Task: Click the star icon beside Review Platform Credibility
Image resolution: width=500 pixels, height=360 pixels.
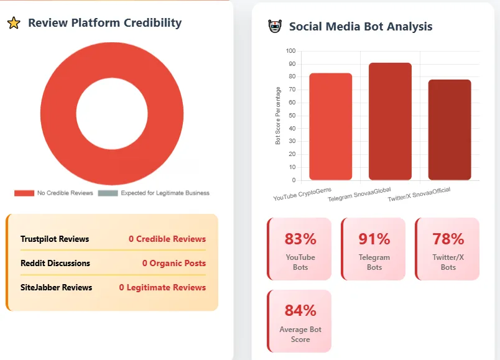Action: tap(13, 24)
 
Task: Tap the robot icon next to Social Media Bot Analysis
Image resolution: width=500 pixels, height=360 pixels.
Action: tap(274, 27)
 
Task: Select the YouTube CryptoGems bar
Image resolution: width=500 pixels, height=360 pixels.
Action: tap(330, 127)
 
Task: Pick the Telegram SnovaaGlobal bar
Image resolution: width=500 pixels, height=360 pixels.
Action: tap(390, 122)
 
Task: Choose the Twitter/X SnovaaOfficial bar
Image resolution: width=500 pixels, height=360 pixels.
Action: tap(449, 130)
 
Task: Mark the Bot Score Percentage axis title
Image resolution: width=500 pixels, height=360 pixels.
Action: tap(278, 116)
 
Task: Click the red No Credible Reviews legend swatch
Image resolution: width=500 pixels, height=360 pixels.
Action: tap(24, 193)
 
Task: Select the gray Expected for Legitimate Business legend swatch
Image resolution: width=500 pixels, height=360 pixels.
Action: tap(107, 193)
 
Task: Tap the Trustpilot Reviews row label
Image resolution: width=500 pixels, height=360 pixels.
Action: tap(55, 239)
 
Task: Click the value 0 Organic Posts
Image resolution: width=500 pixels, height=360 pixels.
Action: tap(174, 263)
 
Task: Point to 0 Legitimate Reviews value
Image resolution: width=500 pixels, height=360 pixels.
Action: tap(162, 287)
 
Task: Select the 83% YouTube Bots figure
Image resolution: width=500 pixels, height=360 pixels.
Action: tap(300, 239)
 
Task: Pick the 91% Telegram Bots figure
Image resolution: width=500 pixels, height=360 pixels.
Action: tap(374, 239)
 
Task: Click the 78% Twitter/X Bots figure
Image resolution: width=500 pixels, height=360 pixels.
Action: tap(448, 239)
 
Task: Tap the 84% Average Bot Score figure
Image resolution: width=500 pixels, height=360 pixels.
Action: tap(300, 310)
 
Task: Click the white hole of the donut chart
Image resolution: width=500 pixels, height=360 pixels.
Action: tap(112, 113)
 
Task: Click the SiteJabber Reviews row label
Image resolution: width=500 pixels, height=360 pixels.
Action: tap(56, 287)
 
